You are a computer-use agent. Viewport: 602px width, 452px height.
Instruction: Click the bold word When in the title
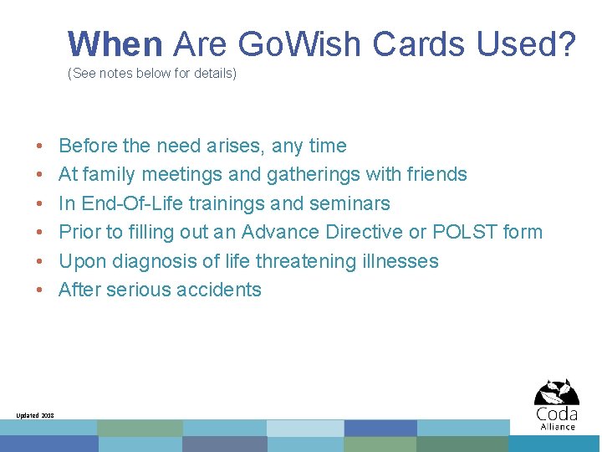(115, 44)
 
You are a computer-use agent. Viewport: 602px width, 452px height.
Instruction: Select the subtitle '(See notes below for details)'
(152, 74)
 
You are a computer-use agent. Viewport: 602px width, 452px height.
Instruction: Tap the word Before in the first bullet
(88, 146)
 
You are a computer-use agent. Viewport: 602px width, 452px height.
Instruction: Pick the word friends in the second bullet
(434, 174)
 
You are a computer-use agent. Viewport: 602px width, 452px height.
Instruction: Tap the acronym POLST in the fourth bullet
(464, 232)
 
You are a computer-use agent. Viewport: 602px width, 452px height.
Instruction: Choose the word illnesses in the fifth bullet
(400, 261)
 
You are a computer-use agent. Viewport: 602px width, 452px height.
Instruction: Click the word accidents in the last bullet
(224, 290)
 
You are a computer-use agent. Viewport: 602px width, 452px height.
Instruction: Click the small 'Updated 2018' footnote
(35, 415)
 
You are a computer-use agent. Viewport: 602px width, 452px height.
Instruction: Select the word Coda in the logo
(557, 414)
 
